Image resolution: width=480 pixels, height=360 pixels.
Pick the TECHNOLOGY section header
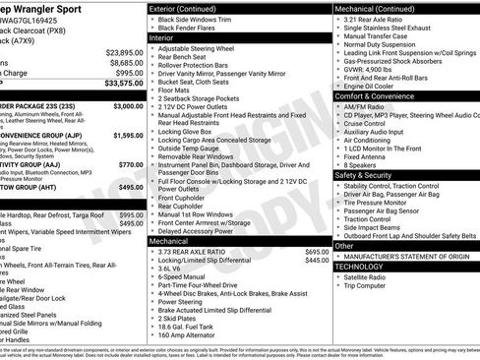click(x=359, y=266)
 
